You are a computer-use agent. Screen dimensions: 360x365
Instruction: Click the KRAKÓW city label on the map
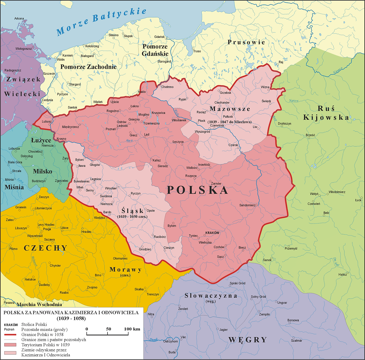212,233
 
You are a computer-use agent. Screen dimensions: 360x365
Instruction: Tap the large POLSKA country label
197,190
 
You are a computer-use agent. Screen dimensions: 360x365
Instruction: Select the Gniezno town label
134,119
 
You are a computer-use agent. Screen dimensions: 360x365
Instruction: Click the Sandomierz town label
247,205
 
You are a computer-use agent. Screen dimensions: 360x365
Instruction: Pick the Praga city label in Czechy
47,229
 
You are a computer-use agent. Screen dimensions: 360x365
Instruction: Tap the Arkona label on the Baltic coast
19,19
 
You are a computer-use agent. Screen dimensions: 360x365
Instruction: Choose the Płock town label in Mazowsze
202,121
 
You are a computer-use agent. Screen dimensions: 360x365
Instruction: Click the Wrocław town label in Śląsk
111,188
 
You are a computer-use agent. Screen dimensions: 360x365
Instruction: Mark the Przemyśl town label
291,249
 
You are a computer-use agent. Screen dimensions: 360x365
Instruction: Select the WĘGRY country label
248,340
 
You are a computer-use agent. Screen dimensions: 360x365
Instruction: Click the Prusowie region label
246,42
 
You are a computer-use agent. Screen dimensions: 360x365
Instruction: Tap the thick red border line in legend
10,335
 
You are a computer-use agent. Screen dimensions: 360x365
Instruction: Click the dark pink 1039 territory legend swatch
10,345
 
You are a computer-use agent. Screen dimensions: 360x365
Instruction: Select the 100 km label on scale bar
132,329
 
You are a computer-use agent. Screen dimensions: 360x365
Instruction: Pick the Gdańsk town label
159,37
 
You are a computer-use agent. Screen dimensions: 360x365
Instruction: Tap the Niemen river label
338,71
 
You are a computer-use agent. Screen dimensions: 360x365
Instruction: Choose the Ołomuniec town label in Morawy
120,259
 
